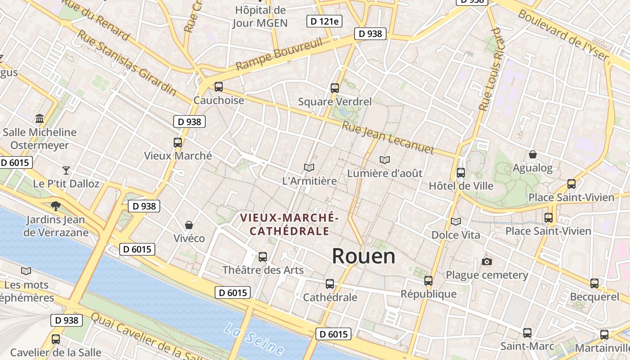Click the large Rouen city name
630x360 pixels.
point(364,256)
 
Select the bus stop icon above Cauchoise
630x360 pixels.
point(219,87)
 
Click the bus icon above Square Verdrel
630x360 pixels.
point(334,88)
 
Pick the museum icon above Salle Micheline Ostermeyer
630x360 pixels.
point(40,119)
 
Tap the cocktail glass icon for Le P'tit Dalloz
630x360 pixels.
point(66,171)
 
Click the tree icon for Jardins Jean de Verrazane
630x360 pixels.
point(56,206)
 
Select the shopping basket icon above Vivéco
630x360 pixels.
point(189,225)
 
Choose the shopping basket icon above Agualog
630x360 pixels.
point(533,155)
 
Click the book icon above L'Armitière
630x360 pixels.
point(309,168)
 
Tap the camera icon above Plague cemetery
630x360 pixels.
point(486,262)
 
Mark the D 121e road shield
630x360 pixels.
point(324,21)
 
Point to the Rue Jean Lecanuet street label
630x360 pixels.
point(388,138)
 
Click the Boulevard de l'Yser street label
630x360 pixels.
point(563,35)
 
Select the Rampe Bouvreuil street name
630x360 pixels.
point(279,54)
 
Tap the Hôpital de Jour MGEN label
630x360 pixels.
point(260,17)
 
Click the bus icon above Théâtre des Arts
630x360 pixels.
point(263,257)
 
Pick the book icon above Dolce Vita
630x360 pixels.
point(456,221)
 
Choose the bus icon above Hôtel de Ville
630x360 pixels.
point(461,173)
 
